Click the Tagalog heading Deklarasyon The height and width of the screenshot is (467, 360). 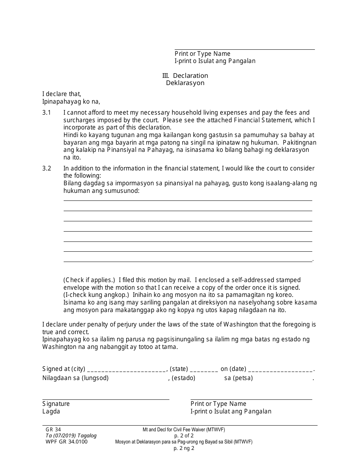click(x=185, y=83)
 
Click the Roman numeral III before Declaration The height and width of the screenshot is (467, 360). click(x=166, y=76)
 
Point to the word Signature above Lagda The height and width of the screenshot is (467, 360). click(x=56, y=404)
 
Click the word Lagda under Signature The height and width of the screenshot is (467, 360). click(x=51, y=412)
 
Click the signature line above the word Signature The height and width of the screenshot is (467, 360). click(x=106, y=399)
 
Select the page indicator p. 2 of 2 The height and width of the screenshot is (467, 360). click(x=184, y=436)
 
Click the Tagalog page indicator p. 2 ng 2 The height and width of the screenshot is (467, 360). click(x=184, y=448)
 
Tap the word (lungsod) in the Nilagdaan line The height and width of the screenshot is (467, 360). click(x=95, y=378)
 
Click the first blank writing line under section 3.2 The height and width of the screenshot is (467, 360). click(x=188, y=200)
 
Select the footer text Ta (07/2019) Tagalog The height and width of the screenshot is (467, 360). click(x=71, y=436)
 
